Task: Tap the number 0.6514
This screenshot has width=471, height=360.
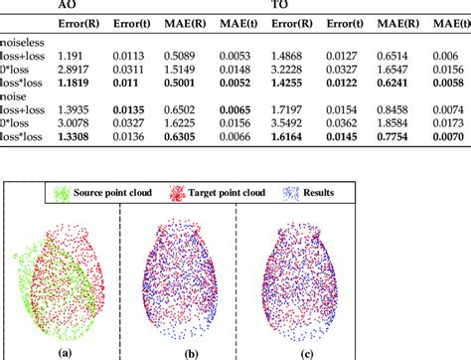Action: click(395, 57)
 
